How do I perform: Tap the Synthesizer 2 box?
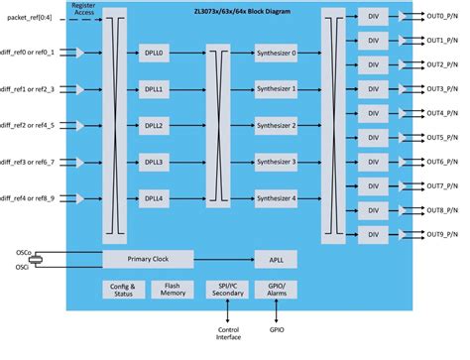coord(275,125)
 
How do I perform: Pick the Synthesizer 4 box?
coord(275,197)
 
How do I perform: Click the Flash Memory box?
coord(172,290)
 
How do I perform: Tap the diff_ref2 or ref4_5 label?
coord(29,125)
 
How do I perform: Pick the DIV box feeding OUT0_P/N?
coord(374,17)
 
